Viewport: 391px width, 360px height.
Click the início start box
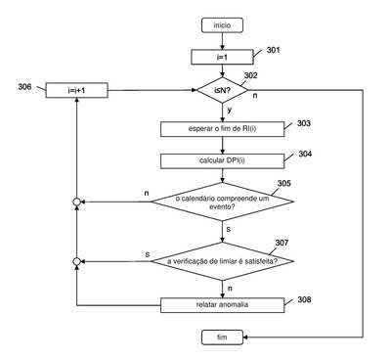click(222, 25)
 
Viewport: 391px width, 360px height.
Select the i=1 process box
click(222, 57)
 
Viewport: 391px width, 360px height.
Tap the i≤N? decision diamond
click(222, 90)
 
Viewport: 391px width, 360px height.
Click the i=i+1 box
click(76, 90)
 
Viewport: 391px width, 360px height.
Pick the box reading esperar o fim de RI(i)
click(222, 129)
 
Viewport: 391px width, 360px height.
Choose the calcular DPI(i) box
click(222, 160)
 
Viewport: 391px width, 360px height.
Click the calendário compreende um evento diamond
click(222, 202)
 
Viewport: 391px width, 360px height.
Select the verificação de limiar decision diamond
click(222, 261)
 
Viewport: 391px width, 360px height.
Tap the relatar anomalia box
click(222, 305)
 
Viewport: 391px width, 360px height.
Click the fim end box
click(222, 337)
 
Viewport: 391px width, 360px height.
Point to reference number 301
click(273, 50)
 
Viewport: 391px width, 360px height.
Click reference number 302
click(250, 75)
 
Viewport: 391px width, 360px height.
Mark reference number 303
click(304, 123)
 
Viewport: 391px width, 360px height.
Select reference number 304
click(305, 154)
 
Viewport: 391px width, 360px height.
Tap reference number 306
click(24, 87)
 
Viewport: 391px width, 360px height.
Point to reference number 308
click(304, 299)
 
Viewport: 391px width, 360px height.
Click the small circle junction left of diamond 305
click(76, 202)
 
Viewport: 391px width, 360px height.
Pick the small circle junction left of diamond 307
click(76, 261)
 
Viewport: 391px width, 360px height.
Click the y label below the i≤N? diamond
click(230, 110)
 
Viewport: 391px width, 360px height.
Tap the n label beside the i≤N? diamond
click(255, 96)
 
